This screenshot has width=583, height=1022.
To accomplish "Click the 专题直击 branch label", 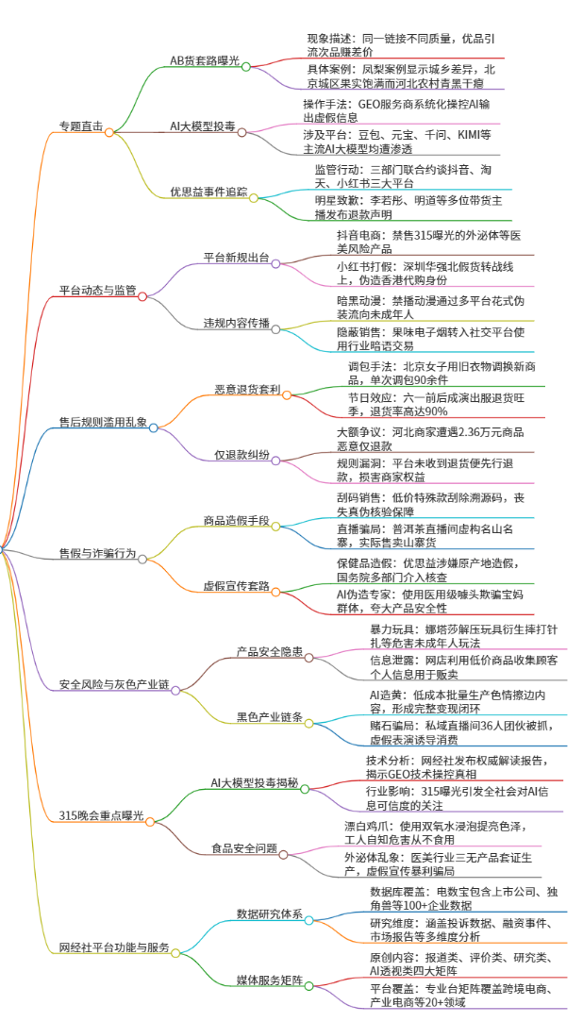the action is (x=81, y=126).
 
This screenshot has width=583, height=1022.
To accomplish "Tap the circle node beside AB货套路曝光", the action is (x=245, y=66).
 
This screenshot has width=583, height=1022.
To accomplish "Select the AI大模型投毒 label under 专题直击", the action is (x=203, y=126).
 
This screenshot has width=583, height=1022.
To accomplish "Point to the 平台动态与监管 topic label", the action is (x=98, y=291).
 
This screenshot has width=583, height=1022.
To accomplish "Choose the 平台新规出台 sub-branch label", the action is (x=237, y=258).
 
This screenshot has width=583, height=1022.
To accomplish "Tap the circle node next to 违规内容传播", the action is (x=275, y=329).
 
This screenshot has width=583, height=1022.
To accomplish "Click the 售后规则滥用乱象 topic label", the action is (x=103, y=422).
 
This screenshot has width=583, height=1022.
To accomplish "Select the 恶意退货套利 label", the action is (x=247, y=389).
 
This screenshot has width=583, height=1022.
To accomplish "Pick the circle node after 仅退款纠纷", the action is (x=275, y=461).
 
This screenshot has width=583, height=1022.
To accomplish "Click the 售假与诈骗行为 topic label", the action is (x=98, y=553).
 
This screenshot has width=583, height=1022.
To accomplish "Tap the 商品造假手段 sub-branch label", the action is (x=237, y=520).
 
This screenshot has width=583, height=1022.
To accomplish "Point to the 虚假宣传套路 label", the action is (x=237, y=586).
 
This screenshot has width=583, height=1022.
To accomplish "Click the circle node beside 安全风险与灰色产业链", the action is (x=175, y=690).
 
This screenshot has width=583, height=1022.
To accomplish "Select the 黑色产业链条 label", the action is (x=270, y=717).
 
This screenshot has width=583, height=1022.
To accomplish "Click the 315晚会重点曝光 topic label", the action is (x=101, y=815).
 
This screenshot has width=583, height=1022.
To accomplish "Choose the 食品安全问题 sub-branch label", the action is (x=244, y=848).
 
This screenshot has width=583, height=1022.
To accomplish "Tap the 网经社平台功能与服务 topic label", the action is (x=114, y=947).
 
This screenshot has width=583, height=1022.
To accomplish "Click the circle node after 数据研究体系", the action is (x=309, y=920).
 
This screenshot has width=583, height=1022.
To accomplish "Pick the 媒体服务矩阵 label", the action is (x=270, y=980).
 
